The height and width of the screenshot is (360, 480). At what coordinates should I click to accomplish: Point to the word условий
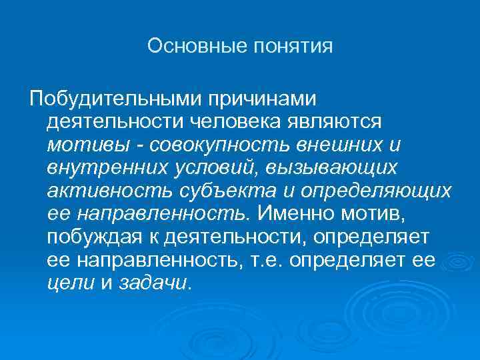click(x=209, y=168)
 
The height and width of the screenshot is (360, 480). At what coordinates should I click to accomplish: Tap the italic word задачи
click(x=153, y=283)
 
